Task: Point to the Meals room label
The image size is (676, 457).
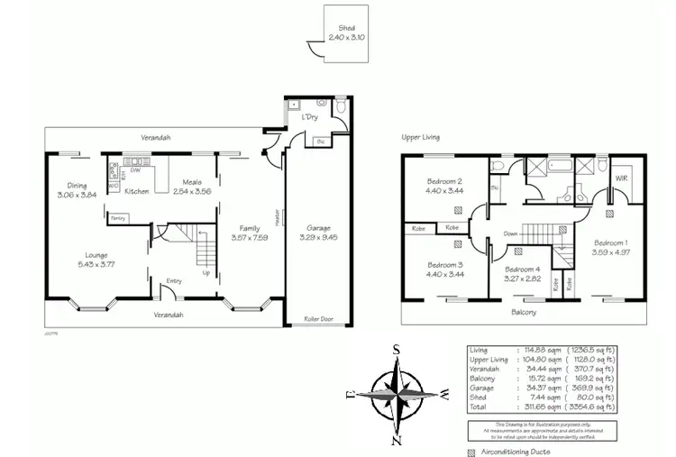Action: tap(192, 181)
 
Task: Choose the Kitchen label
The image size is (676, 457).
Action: tap(137, 191)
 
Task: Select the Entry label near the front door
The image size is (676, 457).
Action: tap(174, 281)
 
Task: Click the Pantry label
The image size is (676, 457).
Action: tap(117, 218)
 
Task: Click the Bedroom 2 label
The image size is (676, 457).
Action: tap(444, 182)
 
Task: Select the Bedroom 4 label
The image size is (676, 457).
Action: tap(522, 270)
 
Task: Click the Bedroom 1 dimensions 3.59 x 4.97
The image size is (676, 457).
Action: tap(611, 252)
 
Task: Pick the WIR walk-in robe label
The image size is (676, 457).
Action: tap(621, 179)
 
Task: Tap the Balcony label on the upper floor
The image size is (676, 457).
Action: tap(524, 313)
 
